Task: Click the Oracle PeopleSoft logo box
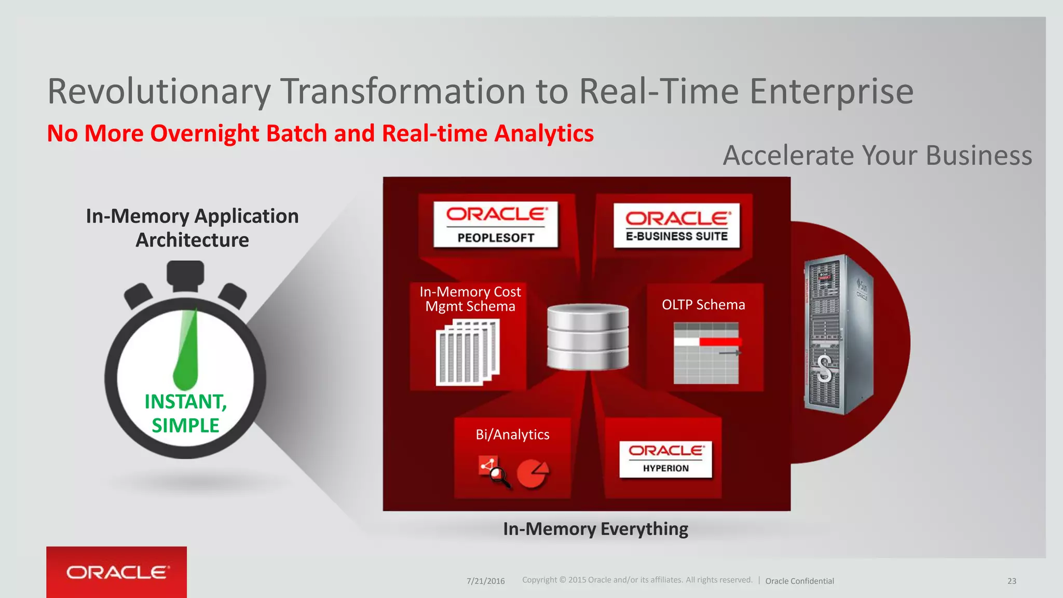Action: coord(496,224)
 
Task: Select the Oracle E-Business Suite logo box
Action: coord(677,226)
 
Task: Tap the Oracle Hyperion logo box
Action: coord(665,459)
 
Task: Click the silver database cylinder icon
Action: coord(588,336)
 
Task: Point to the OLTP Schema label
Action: coord(703,305)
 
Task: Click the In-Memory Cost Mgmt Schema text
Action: coord(470,299)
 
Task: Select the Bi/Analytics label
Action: coord(512,434)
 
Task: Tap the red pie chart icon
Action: coord(533,473)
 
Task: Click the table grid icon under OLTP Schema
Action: coord(706,353)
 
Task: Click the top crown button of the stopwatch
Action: coord(185,275)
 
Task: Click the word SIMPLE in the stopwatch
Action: coord(185,426)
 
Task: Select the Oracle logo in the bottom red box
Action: coord(117,573)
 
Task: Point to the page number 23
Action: coord(1012,581)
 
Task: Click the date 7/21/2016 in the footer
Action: coord(485,581)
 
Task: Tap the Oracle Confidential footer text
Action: coord(799,581)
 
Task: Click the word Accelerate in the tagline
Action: coord(789,155)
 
